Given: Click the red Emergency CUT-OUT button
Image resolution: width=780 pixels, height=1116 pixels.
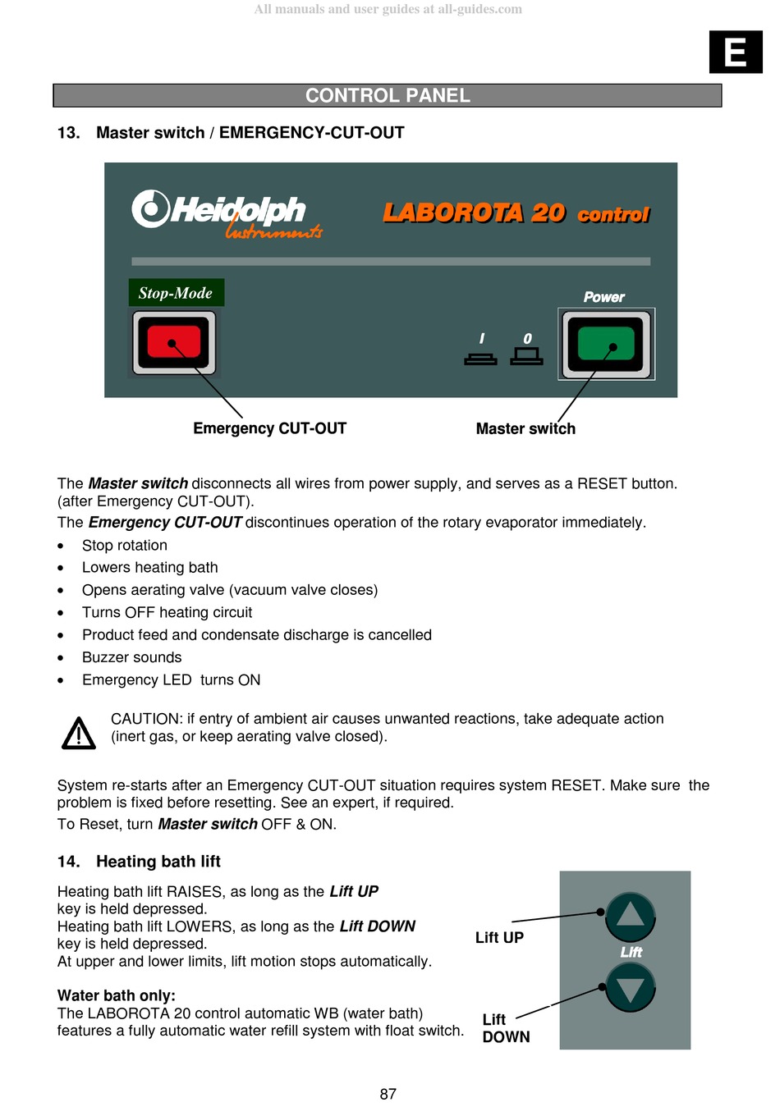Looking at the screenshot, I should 174,342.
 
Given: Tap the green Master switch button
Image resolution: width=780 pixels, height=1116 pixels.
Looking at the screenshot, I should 606,344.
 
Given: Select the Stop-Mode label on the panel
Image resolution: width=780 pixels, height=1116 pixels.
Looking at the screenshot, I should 176,293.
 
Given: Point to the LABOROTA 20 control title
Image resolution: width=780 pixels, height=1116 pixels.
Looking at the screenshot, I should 516,213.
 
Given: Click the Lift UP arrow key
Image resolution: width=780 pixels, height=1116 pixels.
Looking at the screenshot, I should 630,916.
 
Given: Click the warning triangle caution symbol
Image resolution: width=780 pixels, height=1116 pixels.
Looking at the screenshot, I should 79,733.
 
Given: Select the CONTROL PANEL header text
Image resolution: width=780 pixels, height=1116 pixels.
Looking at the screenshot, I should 388,96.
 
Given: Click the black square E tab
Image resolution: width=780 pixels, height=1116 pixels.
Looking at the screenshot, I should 736,53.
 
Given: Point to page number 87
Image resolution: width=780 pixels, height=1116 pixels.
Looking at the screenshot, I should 388,1094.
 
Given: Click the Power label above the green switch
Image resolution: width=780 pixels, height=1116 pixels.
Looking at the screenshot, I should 603,297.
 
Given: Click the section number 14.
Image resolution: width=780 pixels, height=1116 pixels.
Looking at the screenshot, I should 68,862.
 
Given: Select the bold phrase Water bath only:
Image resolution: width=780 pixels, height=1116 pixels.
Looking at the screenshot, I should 117,995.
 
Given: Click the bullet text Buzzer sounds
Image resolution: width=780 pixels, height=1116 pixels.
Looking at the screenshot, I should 131,657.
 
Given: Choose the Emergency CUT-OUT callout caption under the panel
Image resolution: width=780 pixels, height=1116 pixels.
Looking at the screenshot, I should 269,428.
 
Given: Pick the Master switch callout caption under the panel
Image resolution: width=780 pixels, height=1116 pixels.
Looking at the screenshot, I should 525,428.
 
